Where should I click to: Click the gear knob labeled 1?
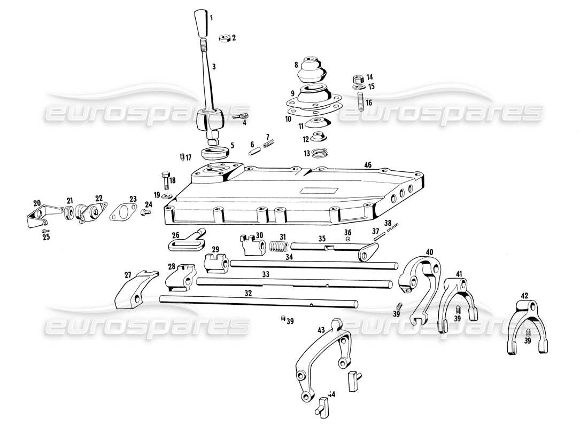pos(201,23)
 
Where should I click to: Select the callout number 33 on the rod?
pos(265,274)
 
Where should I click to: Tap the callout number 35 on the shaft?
pos(322,239)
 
